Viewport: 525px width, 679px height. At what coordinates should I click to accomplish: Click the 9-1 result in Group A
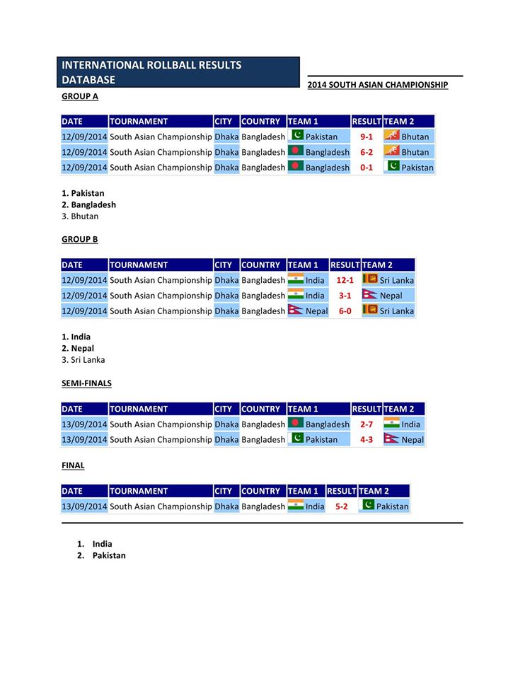pos(367,137)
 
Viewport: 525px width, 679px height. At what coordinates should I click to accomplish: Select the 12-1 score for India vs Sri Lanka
pos(345,280)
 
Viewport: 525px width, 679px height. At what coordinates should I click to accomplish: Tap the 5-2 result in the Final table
pos(342,506)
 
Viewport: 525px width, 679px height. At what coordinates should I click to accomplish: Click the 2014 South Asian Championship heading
pos(378,85)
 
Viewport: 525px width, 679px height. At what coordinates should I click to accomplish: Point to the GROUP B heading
pos(79,239)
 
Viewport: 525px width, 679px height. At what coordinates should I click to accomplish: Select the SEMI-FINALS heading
pos(86,383)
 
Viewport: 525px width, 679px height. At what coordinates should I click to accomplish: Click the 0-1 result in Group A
pos(367,168)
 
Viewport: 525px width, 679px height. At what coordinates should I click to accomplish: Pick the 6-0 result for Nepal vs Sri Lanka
pos(345,311)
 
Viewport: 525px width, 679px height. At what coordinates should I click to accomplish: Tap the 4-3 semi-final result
pos(367,440)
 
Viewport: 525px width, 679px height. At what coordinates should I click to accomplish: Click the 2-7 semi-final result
pos(367,424)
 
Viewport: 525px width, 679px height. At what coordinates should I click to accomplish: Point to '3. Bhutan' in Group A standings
pos(80,216)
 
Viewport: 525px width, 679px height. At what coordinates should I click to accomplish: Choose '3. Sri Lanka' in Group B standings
pos(83,360)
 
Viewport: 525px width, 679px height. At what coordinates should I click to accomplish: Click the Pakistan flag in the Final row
pos(368,505)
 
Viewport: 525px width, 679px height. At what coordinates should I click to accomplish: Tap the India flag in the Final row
pos(296,505)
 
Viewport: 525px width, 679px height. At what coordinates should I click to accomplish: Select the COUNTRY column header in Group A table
pos(261,121)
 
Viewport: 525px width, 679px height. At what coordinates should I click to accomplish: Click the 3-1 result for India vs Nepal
pos(345,296)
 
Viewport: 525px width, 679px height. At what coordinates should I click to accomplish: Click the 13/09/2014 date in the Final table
pos(84,506)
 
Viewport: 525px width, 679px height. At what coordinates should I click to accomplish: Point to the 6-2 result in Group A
pos(367,152)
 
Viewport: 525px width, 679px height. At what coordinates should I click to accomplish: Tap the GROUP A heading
pos(80,95)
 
